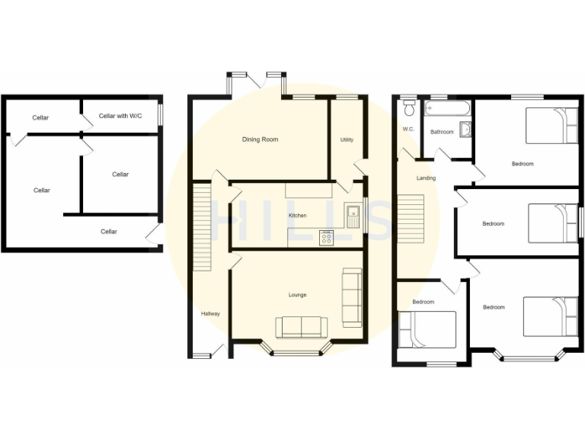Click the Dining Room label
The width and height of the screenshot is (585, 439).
click(x=260, y=139)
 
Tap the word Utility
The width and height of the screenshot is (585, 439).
click(x=347, y=139)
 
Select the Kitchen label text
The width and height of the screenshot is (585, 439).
click(x=297, y=216)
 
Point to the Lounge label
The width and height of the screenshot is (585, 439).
click(x=297, y=294)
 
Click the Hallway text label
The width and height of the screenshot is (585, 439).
click(x=210, y=313)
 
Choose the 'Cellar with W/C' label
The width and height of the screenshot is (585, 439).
click(x=120, y=116)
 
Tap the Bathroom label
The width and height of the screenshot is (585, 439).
click(x=442, y=132)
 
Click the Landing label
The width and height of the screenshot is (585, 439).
click(x=426, y=178)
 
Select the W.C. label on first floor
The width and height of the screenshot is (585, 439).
click(x=408, y=129)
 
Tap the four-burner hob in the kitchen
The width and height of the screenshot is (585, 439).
click(x=327, y=238)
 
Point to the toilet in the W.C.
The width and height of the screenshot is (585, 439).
click(x=409, y=106)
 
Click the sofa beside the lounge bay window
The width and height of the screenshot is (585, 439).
click(x=302, y=327)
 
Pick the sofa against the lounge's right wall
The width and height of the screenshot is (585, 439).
click(x=352, y=297)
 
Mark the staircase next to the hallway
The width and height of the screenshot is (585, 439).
click(x=202, y=225)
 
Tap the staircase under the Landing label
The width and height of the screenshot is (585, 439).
click(x=411, y=219)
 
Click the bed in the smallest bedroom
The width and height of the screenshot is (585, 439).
click(x=427, y=329)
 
